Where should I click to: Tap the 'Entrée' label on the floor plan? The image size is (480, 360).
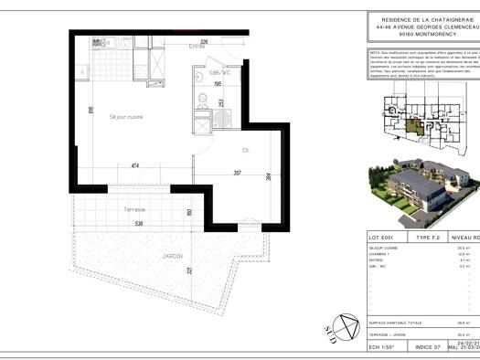pyautogui.click(x=197, y=46)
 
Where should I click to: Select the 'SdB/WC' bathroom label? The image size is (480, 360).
pyautogui.click(x=219, y=72)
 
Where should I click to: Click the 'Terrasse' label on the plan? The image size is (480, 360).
pyautogui.click(x=134, y=209)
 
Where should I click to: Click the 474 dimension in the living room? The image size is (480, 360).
pyautogui.click(x=134, y=165)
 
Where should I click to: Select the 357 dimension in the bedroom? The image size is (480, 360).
pyautogui.click(x=237, y=172)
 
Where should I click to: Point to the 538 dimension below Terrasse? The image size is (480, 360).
pyautogui.click(x=138, y=223)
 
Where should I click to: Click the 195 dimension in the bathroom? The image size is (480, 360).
pyautogui.click(x=218, y=84)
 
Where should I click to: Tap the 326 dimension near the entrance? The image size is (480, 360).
pyautogui.click(x=206, y=41)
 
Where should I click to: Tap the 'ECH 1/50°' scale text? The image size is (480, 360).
pyautogui.click(x=382, y=348)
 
